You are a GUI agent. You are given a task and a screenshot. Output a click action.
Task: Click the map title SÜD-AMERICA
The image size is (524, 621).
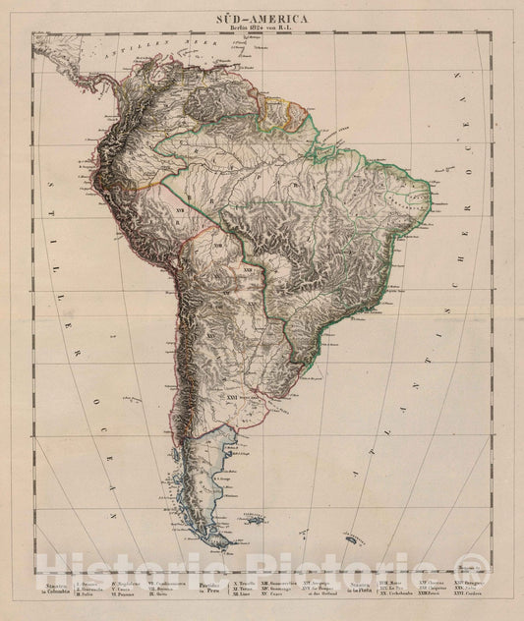pyautogui.click(x=262, y=18)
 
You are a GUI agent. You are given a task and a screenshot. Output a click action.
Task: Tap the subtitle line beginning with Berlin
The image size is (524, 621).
pyautogui.click(x=262, y=29)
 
